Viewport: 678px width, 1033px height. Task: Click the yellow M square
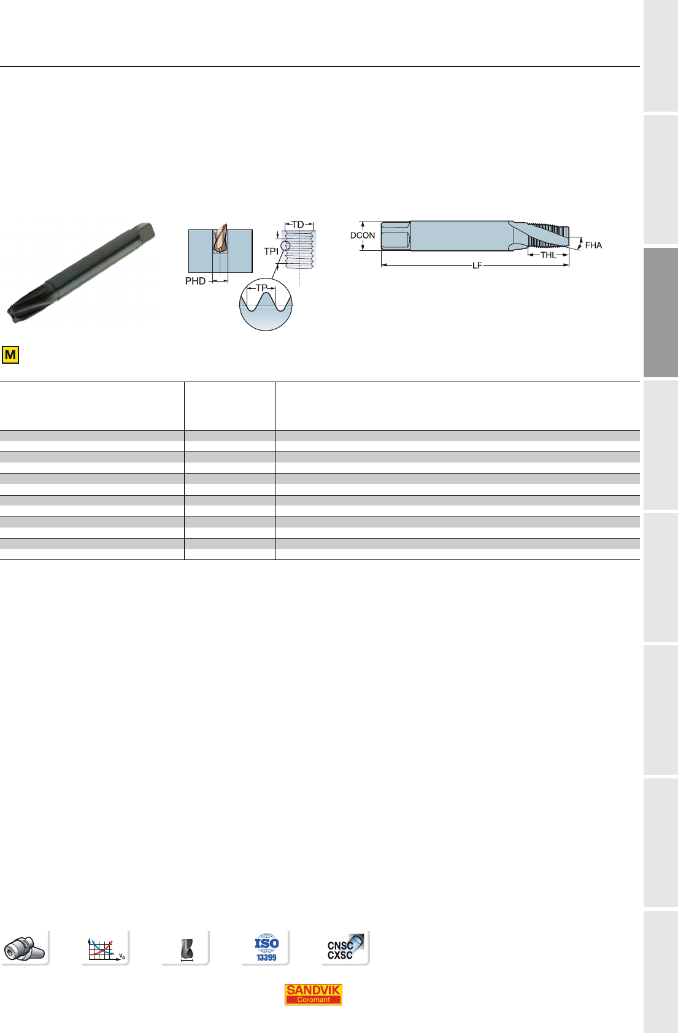[x=10, y=355]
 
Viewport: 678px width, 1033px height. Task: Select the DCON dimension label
[x=363, y=235]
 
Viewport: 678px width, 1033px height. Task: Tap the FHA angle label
[x=593, y=245]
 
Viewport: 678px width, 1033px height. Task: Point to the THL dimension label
[x=549, y=255]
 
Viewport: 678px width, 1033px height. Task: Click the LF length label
[x=477, y=266]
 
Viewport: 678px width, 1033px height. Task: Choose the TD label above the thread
[x=298, y=225]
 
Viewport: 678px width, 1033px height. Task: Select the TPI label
[x=271, y=252]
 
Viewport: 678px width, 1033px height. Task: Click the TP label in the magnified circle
[x=261, y=288]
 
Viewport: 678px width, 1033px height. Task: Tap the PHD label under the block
[x=195, y=281]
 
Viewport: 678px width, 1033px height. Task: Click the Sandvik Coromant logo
[x=313, y=994]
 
